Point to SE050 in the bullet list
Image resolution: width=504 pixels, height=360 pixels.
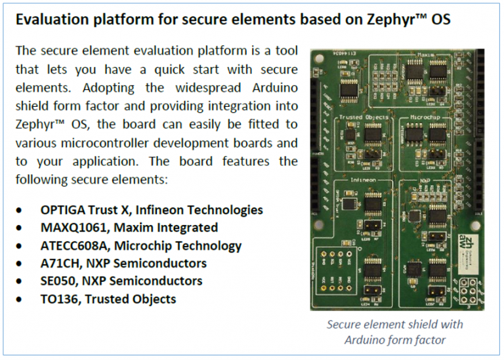58,281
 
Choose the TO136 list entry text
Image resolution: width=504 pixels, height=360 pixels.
60,299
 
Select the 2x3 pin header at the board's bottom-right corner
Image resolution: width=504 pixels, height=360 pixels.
467,289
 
